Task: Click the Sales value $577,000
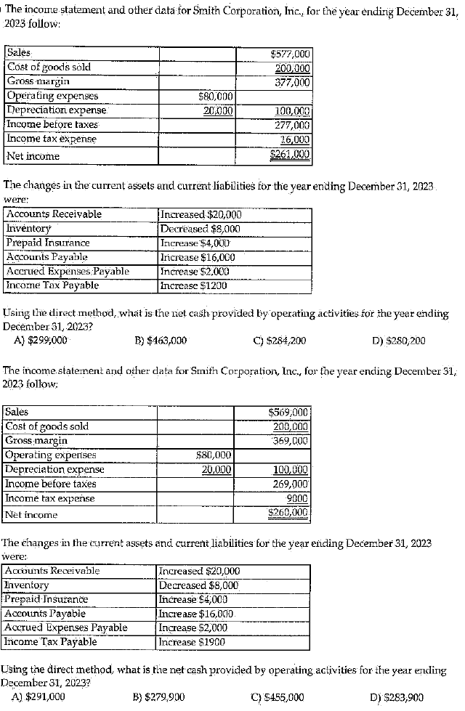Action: tap(290, 53)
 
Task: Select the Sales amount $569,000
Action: tap(290, 413)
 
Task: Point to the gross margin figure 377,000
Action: tap(292, 81)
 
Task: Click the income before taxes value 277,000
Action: tap(292, 125)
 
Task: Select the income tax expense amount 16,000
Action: tap(295, 139)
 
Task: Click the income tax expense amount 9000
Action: tap(297, 498)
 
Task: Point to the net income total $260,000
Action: tap(290, 513)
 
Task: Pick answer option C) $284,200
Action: tap(279, 339)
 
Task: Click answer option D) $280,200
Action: tap(397, 339)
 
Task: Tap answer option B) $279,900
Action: tap(159, 697)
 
